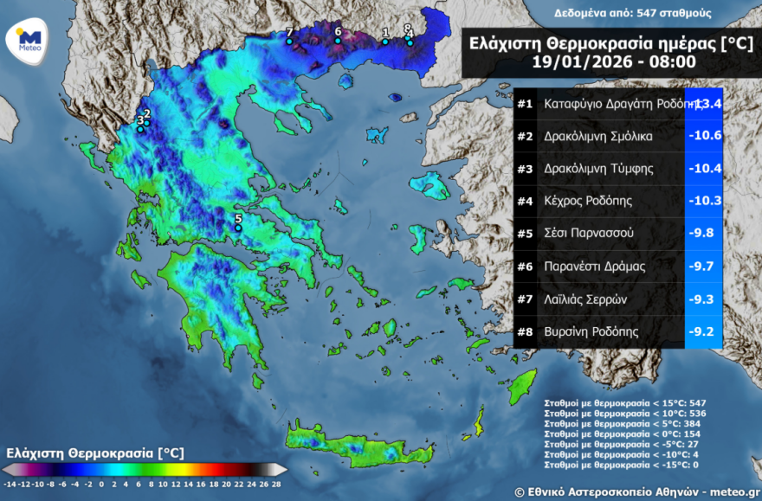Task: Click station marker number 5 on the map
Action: tap(239, 228)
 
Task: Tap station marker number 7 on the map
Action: tap(289, 41)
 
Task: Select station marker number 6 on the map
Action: tap(338, 40)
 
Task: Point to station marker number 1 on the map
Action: tap(385, 41)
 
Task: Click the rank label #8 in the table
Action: tap(525, 331)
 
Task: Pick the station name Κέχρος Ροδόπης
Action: tap(588, 201)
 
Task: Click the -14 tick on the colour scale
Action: tap(10, 485)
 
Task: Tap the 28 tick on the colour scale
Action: tap(276, 485)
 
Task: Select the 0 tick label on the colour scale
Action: tap(101, 485)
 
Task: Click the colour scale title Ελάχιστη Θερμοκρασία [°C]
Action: tap(94, 453)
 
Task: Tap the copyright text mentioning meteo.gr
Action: tap(636, 491)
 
